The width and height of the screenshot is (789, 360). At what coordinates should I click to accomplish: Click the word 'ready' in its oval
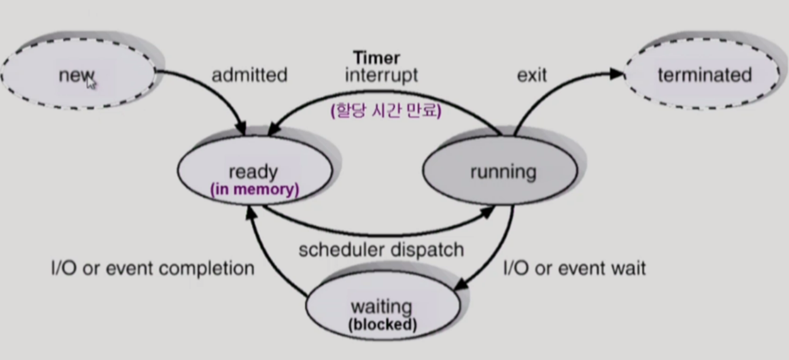pos(253,171)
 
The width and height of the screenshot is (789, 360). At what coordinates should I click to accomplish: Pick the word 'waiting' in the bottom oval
pos(381,308)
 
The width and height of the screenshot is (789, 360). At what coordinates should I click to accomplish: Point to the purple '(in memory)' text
pos(255,189)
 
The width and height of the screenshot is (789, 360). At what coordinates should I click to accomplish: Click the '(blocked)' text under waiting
pos(383,325)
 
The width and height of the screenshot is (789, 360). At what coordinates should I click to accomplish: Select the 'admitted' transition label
pos(250,76)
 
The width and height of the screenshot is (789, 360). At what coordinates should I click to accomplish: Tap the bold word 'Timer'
pos(376,58)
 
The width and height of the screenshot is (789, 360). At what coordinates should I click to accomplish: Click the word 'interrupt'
pos(381,76)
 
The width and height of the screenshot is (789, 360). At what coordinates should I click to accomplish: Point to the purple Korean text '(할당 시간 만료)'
pos(386,111)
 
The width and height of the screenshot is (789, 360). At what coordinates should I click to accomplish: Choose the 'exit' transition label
pos(532,76)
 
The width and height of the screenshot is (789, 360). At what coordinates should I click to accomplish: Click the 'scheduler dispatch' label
pos(381,250)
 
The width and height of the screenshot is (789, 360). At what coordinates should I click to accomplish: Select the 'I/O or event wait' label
pos(575,269)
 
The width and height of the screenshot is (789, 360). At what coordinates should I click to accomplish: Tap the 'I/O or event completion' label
pos(153,269)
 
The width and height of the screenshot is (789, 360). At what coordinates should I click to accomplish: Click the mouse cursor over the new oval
pos(91,82)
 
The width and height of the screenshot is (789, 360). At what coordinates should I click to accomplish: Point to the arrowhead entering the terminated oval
pos(616,74)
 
